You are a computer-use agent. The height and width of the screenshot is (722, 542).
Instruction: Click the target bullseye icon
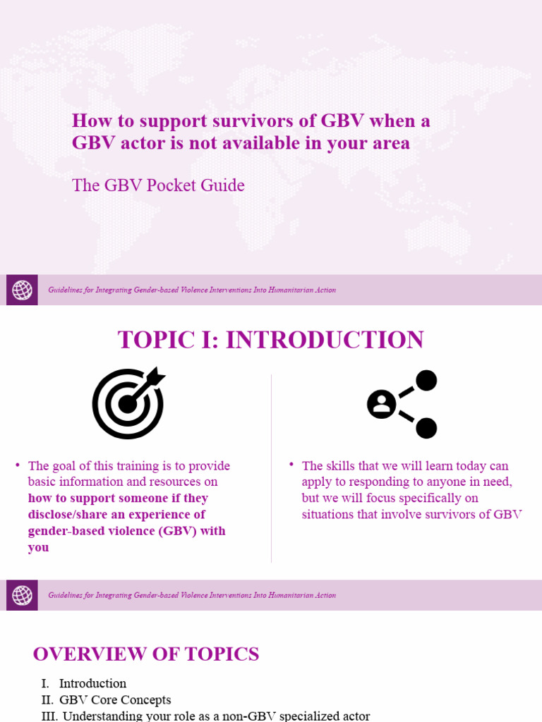pyautogui.click(x=128, y=403)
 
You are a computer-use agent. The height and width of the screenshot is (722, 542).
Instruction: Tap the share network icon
pyautogui.click(x=402, y=404)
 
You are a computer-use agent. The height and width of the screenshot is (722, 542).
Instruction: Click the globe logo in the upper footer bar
pyautogui.click(x=22, y=290)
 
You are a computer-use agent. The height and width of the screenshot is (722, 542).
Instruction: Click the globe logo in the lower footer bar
pyautogui.click(x=22, y=595)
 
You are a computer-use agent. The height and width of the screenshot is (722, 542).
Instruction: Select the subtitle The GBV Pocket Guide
pyautogui.click(x=158, y=185)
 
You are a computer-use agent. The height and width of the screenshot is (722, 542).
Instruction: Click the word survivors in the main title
pyautogui.click(x=253, y=121)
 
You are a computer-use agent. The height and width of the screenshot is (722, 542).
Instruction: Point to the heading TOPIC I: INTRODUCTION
pyautogui.click(x=270, y=340)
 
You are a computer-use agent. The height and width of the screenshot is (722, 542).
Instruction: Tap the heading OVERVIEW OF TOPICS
pyautogui.click(x=146, y=654)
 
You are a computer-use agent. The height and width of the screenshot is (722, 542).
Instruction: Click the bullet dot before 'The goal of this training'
pyautogui.click(x=18, y=465)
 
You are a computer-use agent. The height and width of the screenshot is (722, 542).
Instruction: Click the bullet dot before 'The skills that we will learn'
pyautogui.click(x=291, y=465)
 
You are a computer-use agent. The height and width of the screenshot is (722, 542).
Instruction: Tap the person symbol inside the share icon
pyautogui.click(x=382, y=404)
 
